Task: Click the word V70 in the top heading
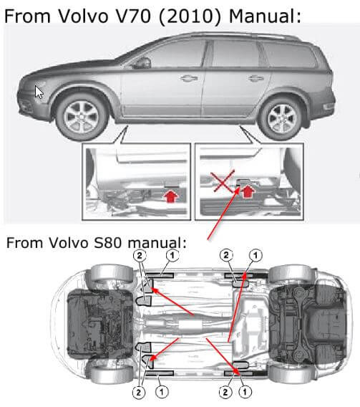pos(133,16)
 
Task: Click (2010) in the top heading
pos(190,16)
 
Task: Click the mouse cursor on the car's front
pos(39,92)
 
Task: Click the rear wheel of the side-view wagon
pos(282,119)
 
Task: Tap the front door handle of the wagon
pos(189,78)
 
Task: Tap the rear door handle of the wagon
pos(256,78)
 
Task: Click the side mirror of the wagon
pos(142,63)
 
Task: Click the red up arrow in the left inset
pos(172,196)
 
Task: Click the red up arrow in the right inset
pos(248,191)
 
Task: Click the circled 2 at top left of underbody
pos(140,256)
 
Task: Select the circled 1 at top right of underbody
pos(256,256)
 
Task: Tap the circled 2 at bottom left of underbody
pos(139,393)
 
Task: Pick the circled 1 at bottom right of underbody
pos(245,392)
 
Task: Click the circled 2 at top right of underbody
pos(226,256)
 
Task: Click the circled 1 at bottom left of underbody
pos(162,392)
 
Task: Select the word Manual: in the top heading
pos(265,16)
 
